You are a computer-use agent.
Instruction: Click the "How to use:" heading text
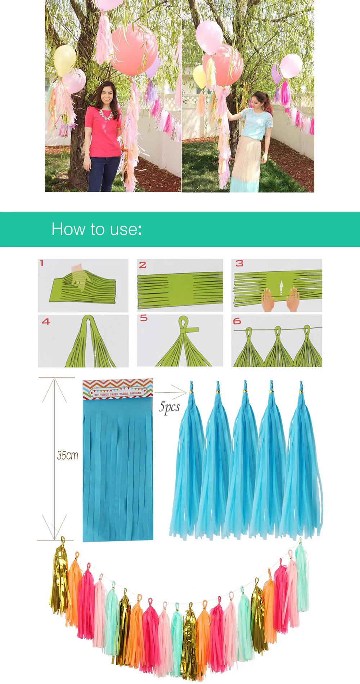tap(96, 229)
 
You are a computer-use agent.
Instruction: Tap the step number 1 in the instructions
tap(42, 263)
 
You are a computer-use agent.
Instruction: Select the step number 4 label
tap(46, 321)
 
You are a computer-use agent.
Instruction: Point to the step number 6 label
tap(237, 321)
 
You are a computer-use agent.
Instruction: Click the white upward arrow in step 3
tap(282, 288)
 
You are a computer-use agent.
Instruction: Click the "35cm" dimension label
tap(67, 455)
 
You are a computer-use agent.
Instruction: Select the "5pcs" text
tap(169, 407)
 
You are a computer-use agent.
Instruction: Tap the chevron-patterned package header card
tap(118, 389)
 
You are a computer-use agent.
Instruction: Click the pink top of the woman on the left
tap(103, 133)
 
